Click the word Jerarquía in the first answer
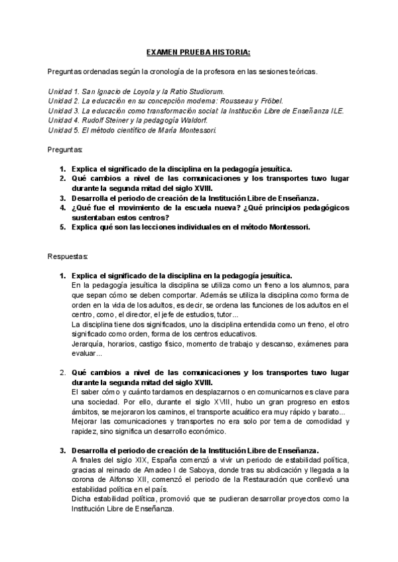(x=88, y=344)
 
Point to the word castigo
(x=157, y=344)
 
